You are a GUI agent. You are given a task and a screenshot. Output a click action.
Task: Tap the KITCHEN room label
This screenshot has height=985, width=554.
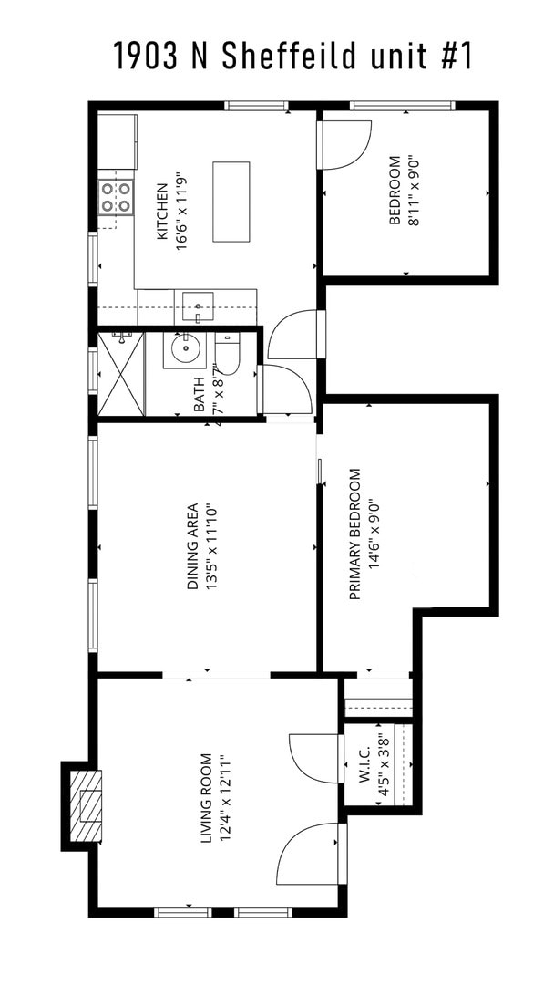tap(162, 212)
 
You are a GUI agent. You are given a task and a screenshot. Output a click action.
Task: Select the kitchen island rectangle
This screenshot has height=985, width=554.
tap(231, 202)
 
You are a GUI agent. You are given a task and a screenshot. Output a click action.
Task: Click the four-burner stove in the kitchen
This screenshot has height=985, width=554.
tap(116, 197)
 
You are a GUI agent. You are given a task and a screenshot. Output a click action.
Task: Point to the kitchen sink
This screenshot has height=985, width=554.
tap(197, 306)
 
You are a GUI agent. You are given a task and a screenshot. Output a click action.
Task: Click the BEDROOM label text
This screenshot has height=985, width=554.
tap(395, 191)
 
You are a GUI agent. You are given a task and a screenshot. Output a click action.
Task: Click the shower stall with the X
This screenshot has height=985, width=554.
tap(121, 374)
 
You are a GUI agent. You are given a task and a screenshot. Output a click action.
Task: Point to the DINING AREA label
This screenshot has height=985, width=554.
tap(192, 546)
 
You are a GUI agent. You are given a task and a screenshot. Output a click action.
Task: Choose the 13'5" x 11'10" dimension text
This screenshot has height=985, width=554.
tap(212, 546)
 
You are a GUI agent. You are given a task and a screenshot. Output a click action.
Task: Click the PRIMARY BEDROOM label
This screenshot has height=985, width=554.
tap(354, 534)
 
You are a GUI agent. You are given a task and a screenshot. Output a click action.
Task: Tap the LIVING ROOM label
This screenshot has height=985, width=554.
tap(207, 799)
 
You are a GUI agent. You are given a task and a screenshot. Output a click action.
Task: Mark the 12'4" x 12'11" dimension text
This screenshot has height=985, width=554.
tap(227, 799)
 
